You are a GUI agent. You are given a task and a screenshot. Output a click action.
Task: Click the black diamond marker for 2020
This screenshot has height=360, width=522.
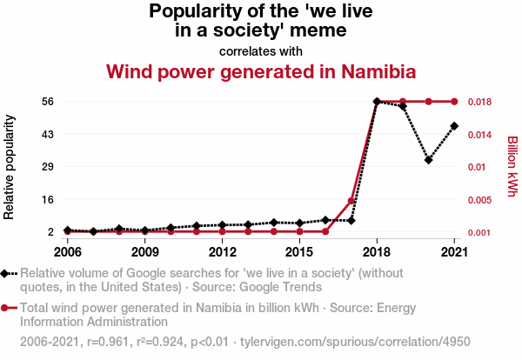point(428,160)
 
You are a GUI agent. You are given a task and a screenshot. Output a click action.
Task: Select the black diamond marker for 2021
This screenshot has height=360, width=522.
point(454,126)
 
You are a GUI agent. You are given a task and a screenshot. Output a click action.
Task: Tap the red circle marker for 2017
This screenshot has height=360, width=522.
point(351,201)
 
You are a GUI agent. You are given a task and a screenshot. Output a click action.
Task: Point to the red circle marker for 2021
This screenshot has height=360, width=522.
point(454,102)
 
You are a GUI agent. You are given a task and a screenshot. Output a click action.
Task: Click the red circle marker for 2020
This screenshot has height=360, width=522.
point(428,102)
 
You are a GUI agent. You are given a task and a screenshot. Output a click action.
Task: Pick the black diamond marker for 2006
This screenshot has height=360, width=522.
point(67,230)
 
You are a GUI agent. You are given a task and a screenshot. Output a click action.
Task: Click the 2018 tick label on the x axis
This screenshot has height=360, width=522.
point(377,252)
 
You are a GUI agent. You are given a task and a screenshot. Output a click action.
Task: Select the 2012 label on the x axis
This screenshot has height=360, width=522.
point(222,252)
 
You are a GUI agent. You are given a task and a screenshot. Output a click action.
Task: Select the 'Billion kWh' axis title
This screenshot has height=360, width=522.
point(512,166)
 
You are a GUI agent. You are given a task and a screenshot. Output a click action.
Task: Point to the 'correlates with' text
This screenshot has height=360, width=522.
point(260,50)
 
